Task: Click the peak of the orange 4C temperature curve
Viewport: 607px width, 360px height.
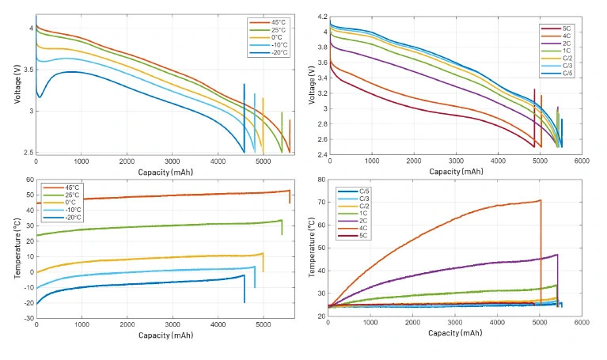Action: click(540, 200)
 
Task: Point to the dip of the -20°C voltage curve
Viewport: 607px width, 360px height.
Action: click(39, 97)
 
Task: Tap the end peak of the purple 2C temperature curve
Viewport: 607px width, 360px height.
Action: click(557, 255)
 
